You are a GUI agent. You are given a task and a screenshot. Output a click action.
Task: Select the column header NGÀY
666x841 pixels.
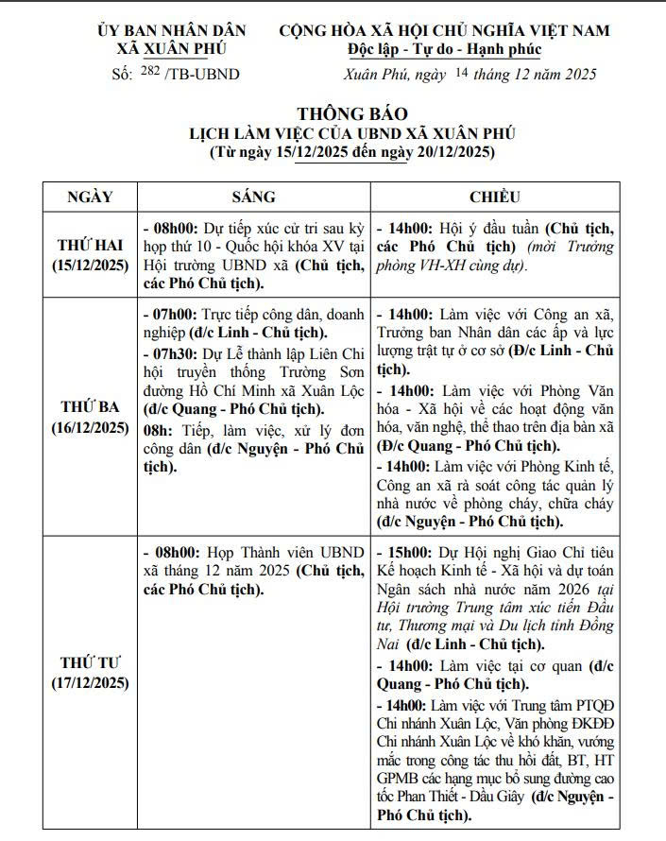point(91,197)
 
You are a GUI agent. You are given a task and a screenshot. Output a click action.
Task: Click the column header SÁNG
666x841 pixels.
point(253,197)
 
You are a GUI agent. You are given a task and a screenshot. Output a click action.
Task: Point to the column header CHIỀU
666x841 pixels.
point(495,197)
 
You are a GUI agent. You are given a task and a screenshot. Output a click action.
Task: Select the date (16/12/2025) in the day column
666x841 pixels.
point(91,427)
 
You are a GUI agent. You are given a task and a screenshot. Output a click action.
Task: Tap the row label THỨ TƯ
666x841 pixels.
point(91,661)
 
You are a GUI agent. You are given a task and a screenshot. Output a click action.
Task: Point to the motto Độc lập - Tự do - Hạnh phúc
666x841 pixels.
point(444,49)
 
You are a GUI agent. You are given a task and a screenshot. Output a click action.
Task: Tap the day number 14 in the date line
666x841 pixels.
point(461,73)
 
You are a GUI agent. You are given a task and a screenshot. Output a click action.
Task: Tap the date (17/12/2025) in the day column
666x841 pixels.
point(91,681)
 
